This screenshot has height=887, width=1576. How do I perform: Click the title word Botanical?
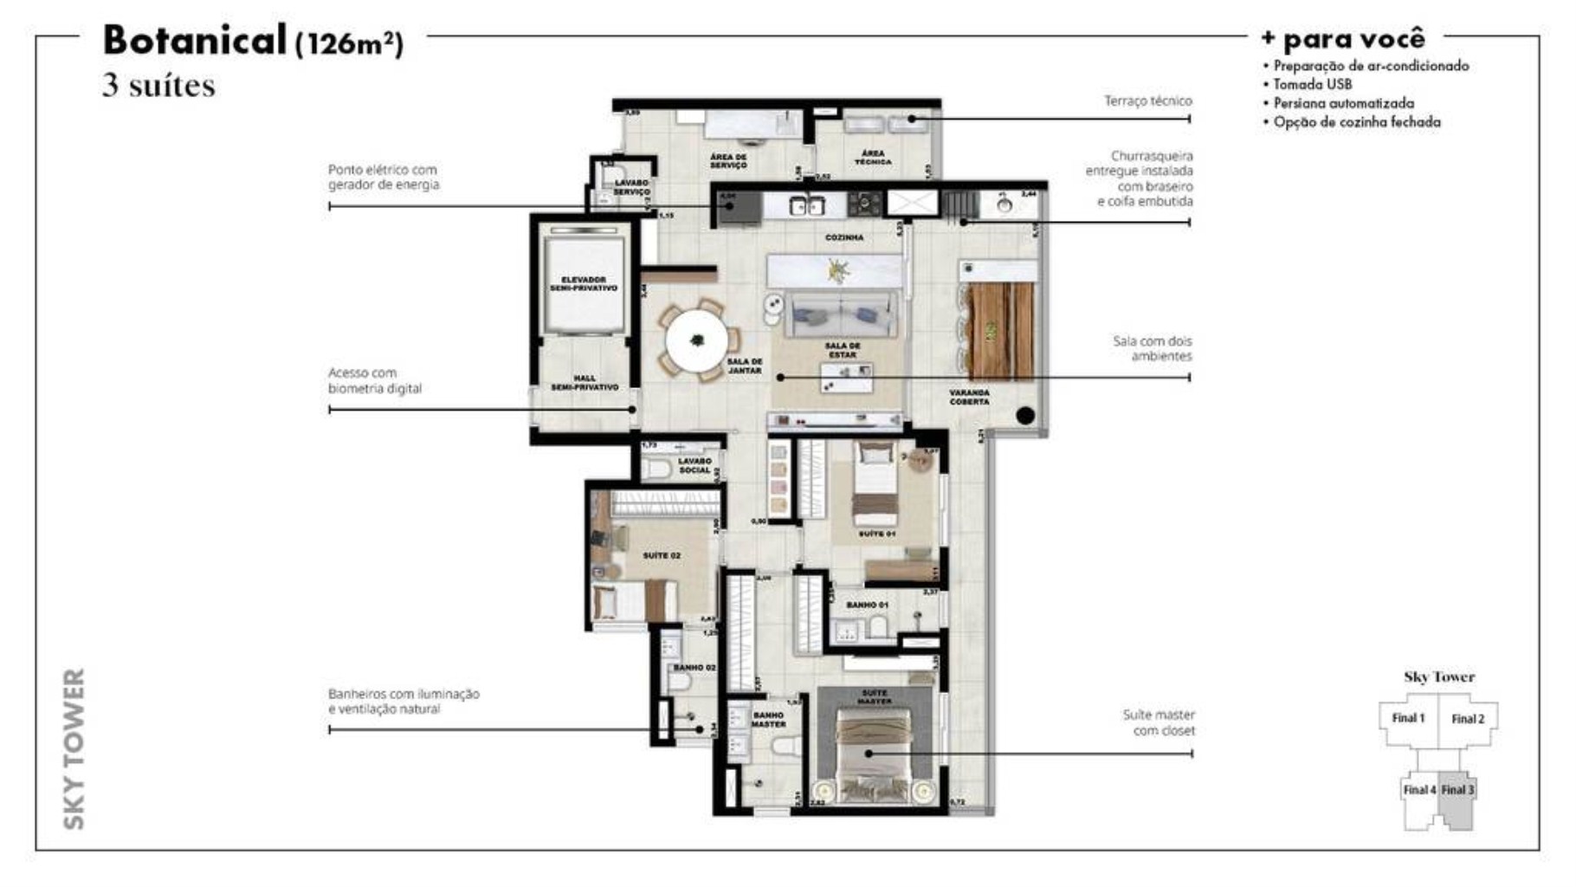(x=194, y=40)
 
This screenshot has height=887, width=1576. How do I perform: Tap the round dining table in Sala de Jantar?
(x=696, y=340)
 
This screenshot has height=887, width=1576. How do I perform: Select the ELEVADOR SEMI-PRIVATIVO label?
(x=584, y=284)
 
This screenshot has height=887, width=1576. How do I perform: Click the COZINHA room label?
(x=843, y=237)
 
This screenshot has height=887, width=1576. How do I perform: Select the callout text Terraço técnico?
(x=1147, y=101)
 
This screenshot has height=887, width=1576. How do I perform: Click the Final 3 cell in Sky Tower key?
(x=1457, y=790)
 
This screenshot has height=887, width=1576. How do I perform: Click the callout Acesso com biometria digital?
(x=374, y=380)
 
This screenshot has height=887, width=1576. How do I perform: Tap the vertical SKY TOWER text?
(x=74, y=748)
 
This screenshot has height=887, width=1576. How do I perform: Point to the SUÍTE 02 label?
(x=662, y=555)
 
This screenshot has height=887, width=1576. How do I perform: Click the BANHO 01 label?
(x=867, y=605)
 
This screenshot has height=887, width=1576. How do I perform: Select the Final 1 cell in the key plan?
(x=1408, y=718)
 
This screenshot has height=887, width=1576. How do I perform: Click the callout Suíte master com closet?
(x=1158, y=722)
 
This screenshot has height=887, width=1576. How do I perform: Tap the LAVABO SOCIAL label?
(x=694, y=466)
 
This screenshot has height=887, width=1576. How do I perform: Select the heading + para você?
(x=1342, y=39)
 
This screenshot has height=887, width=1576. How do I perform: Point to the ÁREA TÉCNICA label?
(x=873, y=158)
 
